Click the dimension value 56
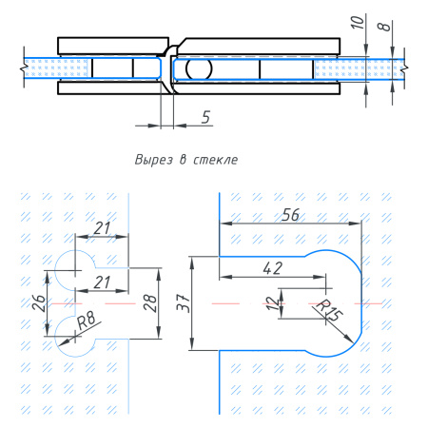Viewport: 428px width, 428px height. point(290,215)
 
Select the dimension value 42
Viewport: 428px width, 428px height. point(273,268)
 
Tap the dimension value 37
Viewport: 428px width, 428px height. point(184,303)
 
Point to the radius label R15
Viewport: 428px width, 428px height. point(330,310)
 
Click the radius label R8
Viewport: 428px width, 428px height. point(87,321)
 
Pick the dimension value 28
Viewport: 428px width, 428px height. point(150,303)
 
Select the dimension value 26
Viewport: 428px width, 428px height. point(39,303)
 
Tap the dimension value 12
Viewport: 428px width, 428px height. point(271,303)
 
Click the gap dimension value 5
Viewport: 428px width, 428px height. point(206,117)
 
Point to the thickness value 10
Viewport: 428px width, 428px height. point(358,22)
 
